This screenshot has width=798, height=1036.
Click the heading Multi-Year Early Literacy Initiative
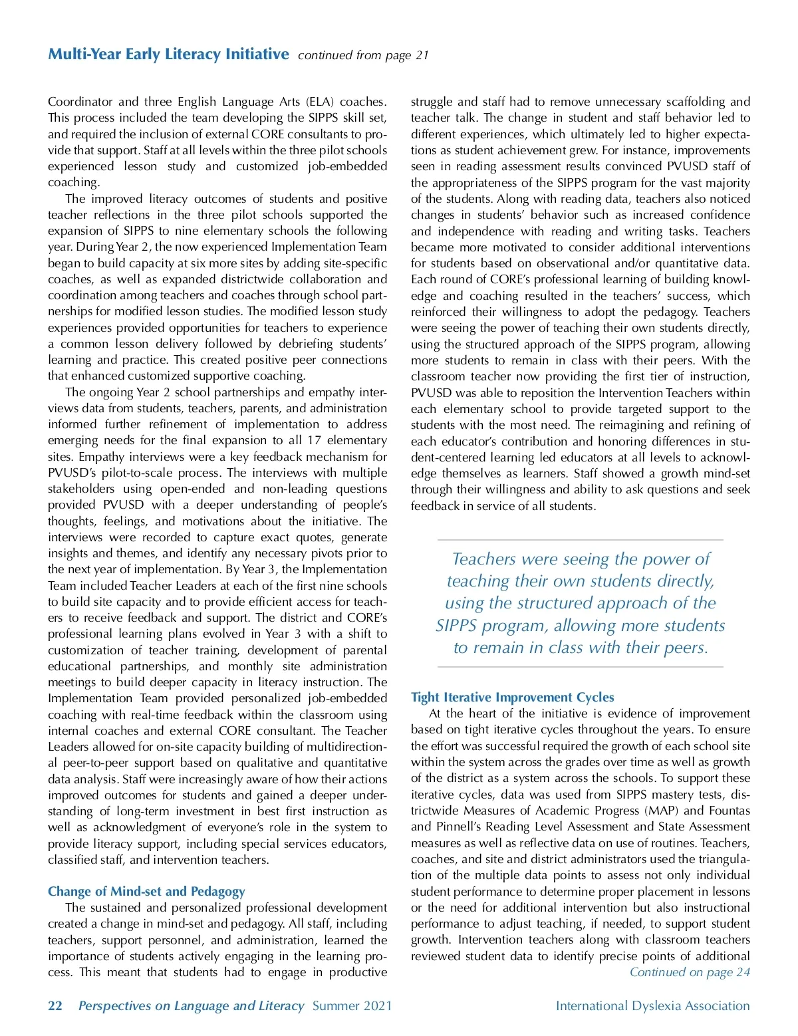click(x=168, y=54)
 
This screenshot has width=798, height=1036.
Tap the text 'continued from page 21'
click(x=363, y=55)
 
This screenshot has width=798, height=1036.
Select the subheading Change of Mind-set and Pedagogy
click(x=146, y=891)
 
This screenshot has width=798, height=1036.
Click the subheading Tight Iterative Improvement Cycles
click(x=512, y=697)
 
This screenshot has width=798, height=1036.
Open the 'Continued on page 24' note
click(x=690, y=972)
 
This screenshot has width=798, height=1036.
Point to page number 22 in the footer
click(x=55, y=1005)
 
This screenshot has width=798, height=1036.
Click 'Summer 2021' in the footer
click(x=352, y=1005)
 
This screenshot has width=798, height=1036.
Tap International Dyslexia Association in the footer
click(x=652, y=1005)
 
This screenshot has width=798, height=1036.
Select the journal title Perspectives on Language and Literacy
click(x=191, y=1005)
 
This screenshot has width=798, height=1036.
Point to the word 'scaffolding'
click(x=692, y=102)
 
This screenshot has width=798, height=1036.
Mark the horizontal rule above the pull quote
click(x=580, y=540)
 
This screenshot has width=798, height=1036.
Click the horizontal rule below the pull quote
click(x=580, y=667)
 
